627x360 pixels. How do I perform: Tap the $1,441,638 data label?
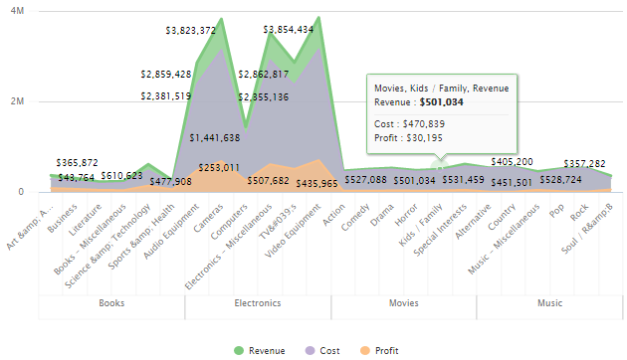[214, 137]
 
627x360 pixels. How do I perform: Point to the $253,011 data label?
[219, 168]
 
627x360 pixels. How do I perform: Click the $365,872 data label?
[78, 162]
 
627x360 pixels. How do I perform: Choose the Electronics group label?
[257, 302]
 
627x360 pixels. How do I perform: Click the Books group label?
[110, 302]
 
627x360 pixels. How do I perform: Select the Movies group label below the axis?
[403, 302]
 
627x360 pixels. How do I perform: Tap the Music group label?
[549, 302]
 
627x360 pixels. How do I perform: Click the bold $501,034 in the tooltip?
[440, 101]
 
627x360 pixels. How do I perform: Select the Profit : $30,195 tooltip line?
[408, 138]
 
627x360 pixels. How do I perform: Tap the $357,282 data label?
[585, 163]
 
